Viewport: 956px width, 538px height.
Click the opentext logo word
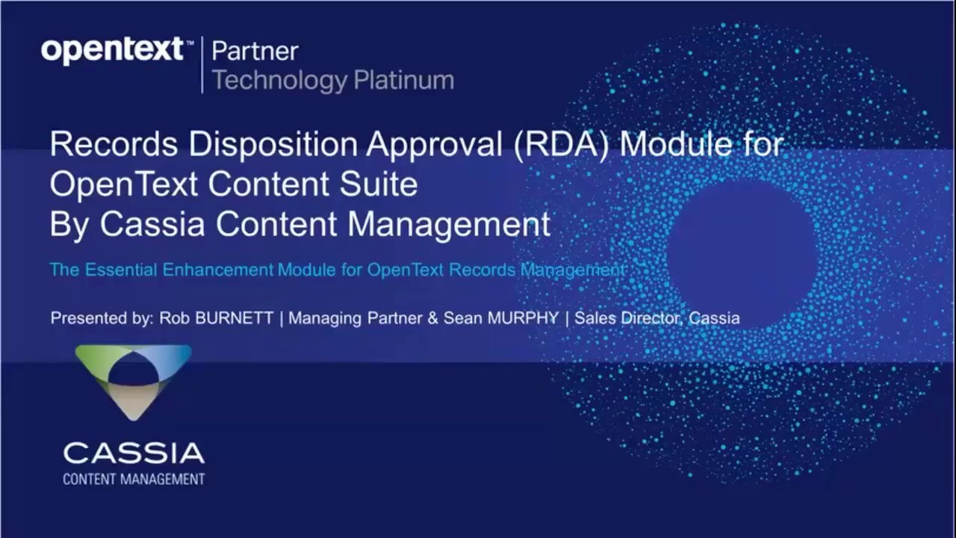point(112,51)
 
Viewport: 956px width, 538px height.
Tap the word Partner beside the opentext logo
point(255,51)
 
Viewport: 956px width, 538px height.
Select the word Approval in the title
point(432,144)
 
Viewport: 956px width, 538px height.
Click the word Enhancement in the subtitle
point(217,270)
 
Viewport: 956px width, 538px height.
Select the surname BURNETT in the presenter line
point(234,318)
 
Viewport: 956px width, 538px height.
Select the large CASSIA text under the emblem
point(133,453)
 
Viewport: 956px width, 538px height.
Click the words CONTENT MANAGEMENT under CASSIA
point(133,479)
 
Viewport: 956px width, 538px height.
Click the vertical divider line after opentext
point(202,65)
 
